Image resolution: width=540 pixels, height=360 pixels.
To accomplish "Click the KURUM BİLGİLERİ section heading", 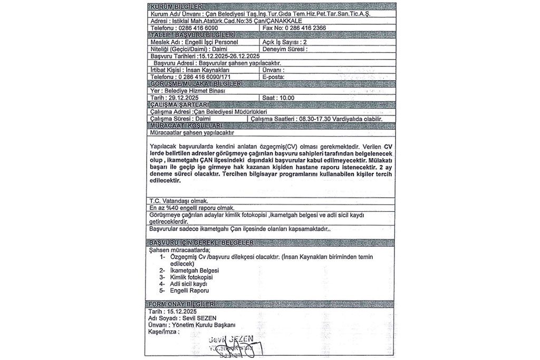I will (174, 6).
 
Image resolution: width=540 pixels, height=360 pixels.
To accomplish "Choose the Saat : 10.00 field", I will (278, 98).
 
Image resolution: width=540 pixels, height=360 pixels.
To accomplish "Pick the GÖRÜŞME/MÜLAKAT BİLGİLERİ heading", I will (196, 84).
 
